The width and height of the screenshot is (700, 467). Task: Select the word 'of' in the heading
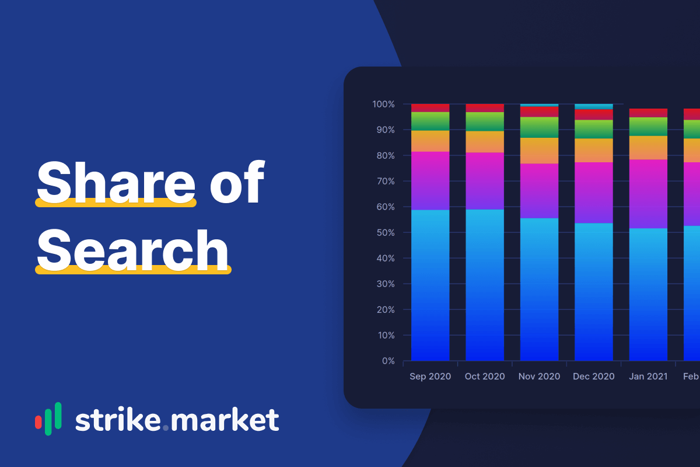pyautogui.click(x=237, y=182)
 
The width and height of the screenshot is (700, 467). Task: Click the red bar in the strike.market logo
pyautogui.click(x=38, y=422)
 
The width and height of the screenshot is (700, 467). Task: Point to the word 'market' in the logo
pyautogui.click(x=225, y=420)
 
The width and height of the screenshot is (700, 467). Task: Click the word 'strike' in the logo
pyautogui.click(x=118, y=420)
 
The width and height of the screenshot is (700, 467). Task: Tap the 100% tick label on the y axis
pyautogui.click(x=383, y=104)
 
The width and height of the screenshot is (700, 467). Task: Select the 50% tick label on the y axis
pyautogui.click(x=386, y=233)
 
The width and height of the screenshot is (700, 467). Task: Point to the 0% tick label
pyautogui.click(x=388, y=361)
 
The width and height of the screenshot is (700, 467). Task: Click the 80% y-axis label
pyautogui.click(x=386, y=155)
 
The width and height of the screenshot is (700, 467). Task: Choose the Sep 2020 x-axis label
pyautogui.click(x=430, y=377)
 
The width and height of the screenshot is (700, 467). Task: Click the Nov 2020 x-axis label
pyautogui.click(x=539, y=377)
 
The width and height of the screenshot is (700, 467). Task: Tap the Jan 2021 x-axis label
pyautogui.click(x=648, y=377)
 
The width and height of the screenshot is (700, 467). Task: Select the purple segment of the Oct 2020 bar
pyautogui.click(x=485, y=181)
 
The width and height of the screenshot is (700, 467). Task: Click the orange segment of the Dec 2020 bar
pyautogui.click(x=594, y=151)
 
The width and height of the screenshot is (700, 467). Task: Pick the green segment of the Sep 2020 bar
pyautogui.click(x=430, y=121)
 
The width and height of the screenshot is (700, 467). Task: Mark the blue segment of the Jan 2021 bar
pyautogui.click(x=648, y=294)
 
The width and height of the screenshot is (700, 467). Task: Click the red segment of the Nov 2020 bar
pyautogui.click(x=539, y=112)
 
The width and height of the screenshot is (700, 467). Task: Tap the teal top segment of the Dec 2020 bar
pyautogui.click(x=594, y=107)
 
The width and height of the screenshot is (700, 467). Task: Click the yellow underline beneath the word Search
pyautogui.click(x=133, y=270)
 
